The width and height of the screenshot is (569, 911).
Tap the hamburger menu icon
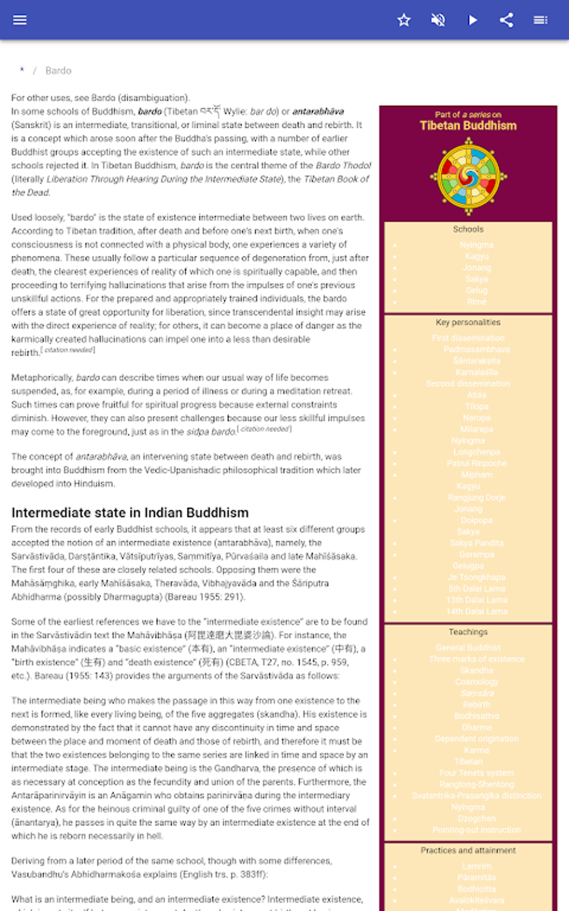(x=20, y=20)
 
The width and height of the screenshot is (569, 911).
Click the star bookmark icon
(x=404, y=20)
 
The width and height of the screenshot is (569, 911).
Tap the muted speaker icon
(x=438, y=20)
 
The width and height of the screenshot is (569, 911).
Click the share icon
(x=507, y=20)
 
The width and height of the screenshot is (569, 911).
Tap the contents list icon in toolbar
(x=540, y=20)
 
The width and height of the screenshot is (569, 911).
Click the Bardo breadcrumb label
(x=59, y=71)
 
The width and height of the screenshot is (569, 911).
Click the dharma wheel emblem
(x=469, y=176)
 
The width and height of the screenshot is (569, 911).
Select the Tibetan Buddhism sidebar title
(x=468, y=126)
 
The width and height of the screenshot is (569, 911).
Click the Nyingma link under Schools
(x=476, y=245)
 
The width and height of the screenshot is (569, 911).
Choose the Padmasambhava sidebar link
(x=476, y=349)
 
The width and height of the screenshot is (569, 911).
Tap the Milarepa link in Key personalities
(x=476, y=429)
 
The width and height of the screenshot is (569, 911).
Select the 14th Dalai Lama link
(x=476, y=611)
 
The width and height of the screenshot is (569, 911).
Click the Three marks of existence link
(x=476, y=659)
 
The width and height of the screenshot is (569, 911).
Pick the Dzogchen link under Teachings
(x=476, y=818)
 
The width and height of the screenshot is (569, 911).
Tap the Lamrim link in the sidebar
(x=476, y=866)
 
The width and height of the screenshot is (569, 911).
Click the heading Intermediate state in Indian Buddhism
(x=130, y=512)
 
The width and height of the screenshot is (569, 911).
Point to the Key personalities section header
(x=468, y=323)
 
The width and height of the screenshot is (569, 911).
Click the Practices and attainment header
(x=468, y=851)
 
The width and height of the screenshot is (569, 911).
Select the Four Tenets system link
(x=476, y=773)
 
